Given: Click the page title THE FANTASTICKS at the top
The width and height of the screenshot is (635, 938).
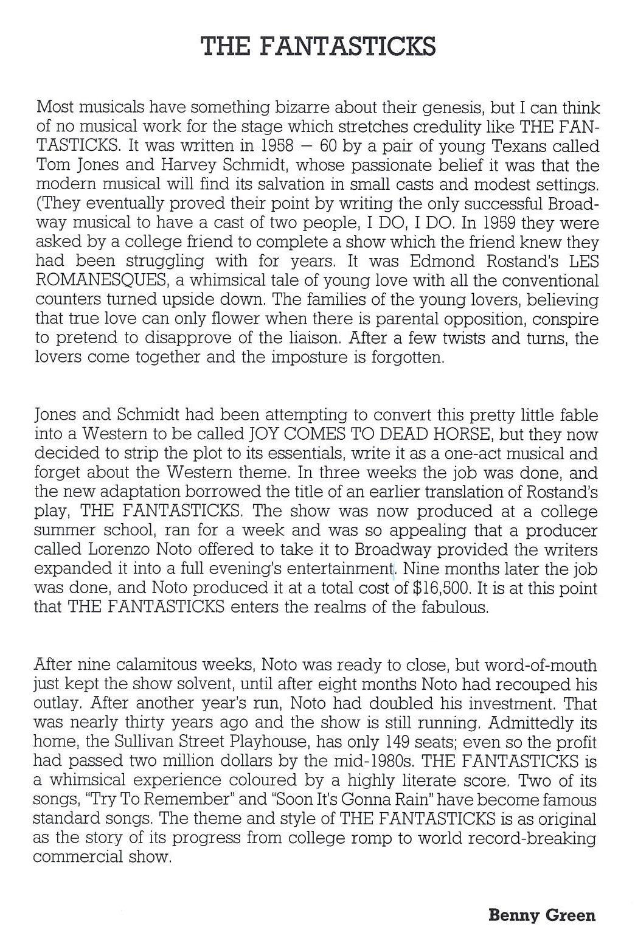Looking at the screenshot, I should tap(317, 46).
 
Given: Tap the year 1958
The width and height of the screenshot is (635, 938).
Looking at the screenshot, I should tap(268, 147).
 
